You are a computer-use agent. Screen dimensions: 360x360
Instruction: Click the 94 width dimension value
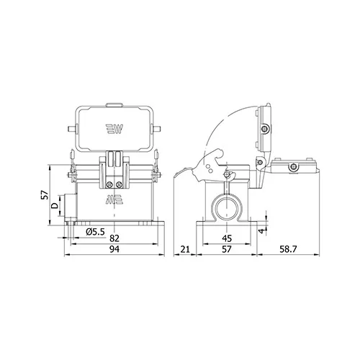click(x=114, y=249)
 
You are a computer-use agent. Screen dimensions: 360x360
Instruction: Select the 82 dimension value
click(x=114, y=238)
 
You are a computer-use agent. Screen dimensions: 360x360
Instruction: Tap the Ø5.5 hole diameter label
click(x=95, y=232)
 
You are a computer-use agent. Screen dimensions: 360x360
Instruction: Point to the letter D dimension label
click(x=55, y=205)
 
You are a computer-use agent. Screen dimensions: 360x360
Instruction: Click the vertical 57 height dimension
click(x=45, y=195)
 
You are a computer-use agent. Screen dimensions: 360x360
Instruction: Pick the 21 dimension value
click(x=185, y=249)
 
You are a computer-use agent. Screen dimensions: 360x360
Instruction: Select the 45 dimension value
click(x=227, y=238)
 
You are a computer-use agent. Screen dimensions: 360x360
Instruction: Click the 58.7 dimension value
click(x=288, y=249)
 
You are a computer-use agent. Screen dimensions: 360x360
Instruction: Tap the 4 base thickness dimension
click(x=261, y=231)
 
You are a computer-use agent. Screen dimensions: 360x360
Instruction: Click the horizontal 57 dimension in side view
click(x=227, y=249)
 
